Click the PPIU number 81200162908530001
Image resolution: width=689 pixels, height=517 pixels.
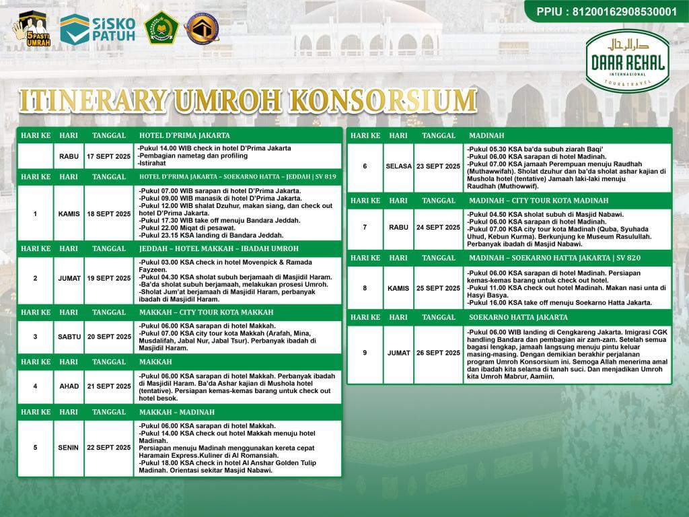(606, 11)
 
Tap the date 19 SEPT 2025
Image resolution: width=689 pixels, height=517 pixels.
(109, 278)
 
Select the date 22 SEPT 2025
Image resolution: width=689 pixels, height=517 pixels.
(109, 448)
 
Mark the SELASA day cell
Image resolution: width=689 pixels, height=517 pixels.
(398, 166)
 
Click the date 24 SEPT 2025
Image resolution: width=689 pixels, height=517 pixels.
(438, 227)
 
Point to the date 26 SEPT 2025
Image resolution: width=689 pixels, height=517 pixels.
(438, 353)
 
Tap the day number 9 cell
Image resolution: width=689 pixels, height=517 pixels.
(365, 353)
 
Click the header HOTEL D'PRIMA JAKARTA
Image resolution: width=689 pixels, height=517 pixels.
(184, 135)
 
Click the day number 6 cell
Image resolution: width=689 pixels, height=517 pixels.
(365, 166)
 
